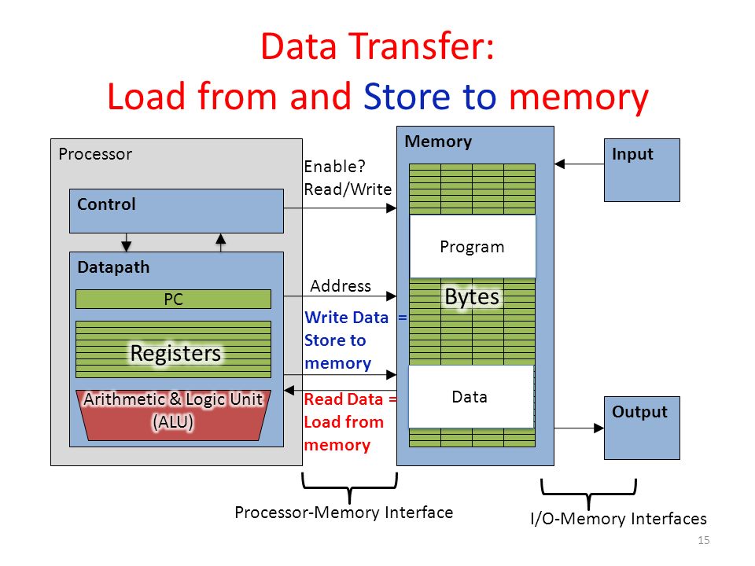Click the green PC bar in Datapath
173,299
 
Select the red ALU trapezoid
173,415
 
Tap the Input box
642,170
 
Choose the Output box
642,428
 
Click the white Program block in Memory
473,246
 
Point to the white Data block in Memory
471,396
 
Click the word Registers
175,353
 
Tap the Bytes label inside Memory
472,297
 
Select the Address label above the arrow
341,286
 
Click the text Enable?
335,167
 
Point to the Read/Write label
348,189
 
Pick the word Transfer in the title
420,46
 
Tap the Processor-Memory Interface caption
344,513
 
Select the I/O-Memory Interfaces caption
618,519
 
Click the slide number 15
703,540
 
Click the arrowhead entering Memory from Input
559,164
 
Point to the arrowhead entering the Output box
599,428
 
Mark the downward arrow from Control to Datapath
127,243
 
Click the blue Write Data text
346,318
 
